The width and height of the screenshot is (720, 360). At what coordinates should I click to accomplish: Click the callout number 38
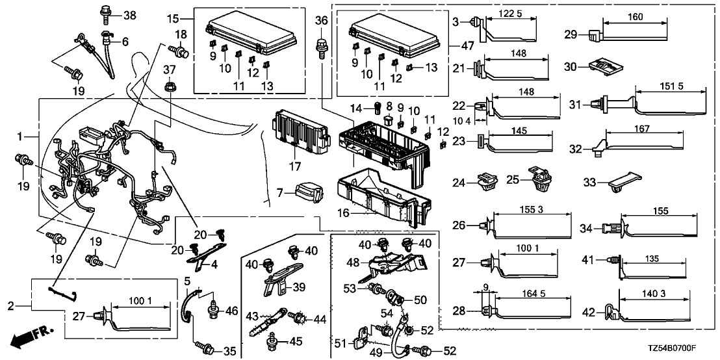130,14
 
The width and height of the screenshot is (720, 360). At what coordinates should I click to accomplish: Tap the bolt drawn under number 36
320,45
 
